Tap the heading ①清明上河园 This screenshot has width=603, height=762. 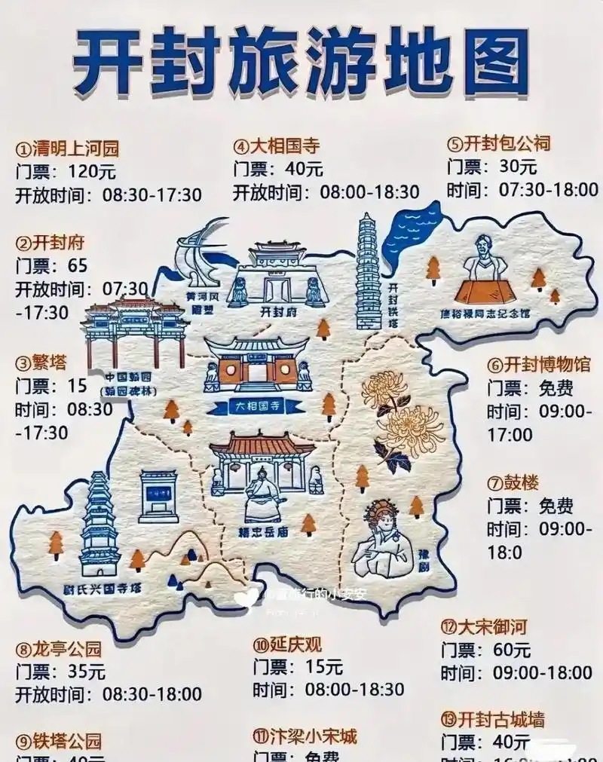(x=68, y=148)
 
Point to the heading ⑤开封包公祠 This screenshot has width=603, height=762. (x=498, y=143)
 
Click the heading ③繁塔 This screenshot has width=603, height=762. (x=41, y=363)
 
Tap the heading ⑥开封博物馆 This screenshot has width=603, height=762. (x=539, y=366)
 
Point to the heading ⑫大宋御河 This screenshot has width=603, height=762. (x=483, y=626)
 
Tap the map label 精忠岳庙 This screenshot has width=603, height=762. (x=262, y=531)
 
